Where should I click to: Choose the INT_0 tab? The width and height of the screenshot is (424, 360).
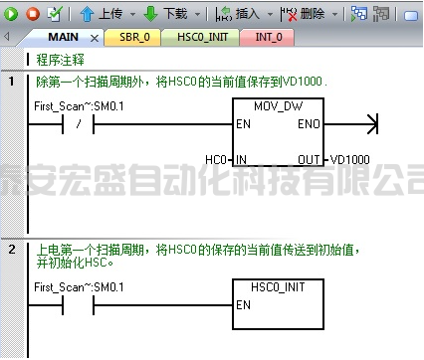(x=268, y=38)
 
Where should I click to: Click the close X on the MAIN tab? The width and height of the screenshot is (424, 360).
(x=97, y=39)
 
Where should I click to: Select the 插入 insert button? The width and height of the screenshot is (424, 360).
(x=238, y=13)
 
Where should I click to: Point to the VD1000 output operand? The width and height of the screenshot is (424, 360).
(x=349, y=159)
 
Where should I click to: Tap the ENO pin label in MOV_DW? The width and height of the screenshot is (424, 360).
(x=309, y=124)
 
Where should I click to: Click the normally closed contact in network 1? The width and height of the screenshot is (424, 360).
(x=78, y=124)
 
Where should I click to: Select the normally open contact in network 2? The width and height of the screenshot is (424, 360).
(x=78, y=305)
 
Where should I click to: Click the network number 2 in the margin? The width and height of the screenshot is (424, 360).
(x=12, y=247)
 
